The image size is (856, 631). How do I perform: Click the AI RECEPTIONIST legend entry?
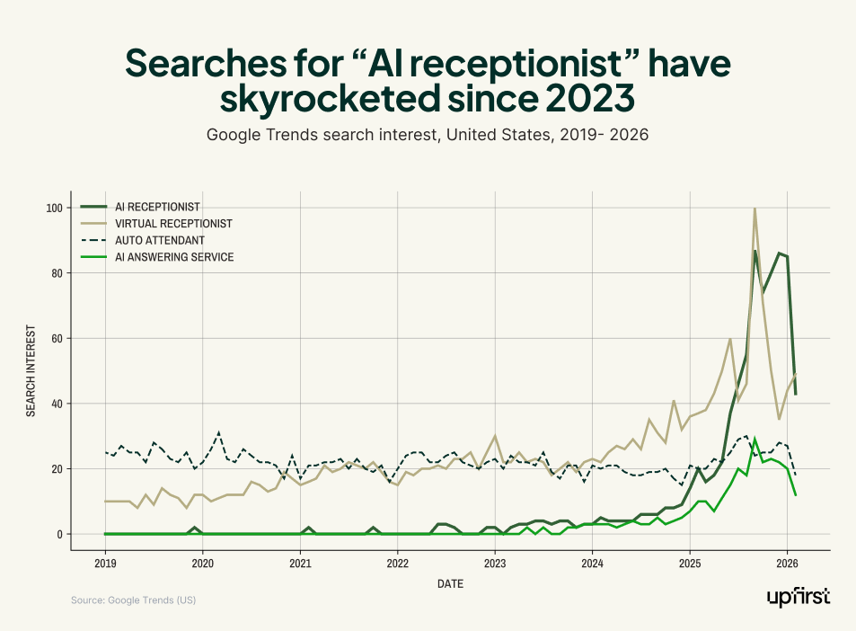[x=156, y=207]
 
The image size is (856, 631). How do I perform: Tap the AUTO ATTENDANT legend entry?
[x=158, y=241]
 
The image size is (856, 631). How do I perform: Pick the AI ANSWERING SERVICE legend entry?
[x=173, y=258]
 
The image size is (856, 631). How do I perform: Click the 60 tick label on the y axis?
[x=57, y=338]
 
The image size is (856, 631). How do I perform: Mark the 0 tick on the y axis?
[x=59, y=534]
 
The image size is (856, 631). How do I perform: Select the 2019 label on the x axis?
[x=106, y=564]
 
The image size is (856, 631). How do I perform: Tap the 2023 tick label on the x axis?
[x=495, y=564]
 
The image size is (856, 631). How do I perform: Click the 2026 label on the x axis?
[x=787, y=564]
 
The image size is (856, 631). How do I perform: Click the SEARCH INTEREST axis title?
[x=31, y=370]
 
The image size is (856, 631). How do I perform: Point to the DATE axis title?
[x=450, y=584]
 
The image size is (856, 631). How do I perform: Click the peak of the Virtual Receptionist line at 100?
[x=755, y=209]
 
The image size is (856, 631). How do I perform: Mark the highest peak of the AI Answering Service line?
[x=755, y=440]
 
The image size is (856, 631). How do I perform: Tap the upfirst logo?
[x=799, y=597]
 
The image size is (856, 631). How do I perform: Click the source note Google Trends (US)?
[x=133, y=600]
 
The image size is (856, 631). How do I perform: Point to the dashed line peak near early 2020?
[x=218, y=433]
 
